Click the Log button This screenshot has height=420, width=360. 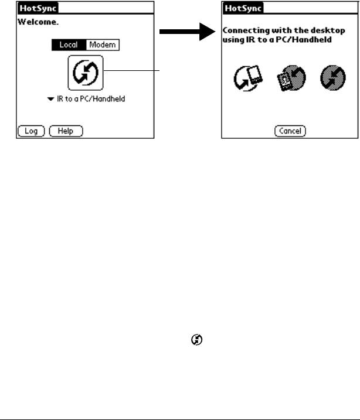click(x=31, y=131)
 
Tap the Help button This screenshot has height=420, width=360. click(x=65, y=131)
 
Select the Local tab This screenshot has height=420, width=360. click(x=69, y=45)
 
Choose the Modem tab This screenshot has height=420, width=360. click(x=102, y=45)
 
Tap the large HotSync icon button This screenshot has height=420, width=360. click(x=86, y=73)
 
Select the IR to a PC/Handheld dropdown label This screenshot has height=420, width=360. click(x=91, y=99)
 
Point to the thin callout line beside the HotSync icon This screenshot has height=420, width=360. click(x=131, y=70)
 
